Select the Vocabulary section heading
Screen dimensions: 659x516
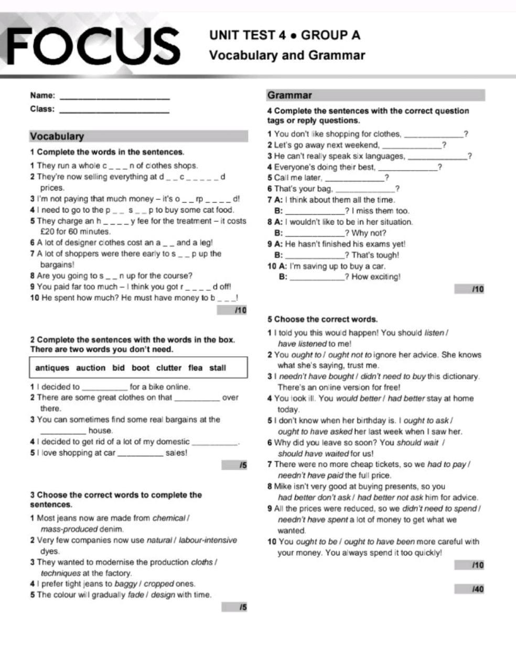click(57, 136)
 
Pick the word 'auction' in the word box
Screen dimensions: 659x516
click(91, 368)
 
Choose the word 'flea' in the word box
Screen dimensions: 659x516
click(196, 368)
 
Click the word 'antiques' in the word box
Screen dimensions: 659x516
click(52, 368)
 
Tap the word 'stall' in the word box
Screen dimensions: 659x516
click(218, 368)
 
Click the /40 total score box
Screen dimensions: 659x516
click(469, 589)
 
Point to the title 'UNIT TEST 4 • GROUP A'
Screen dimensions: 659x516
click(285, 35)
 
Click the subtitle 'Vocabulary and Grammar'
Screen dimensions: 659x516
click(287, 55)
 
